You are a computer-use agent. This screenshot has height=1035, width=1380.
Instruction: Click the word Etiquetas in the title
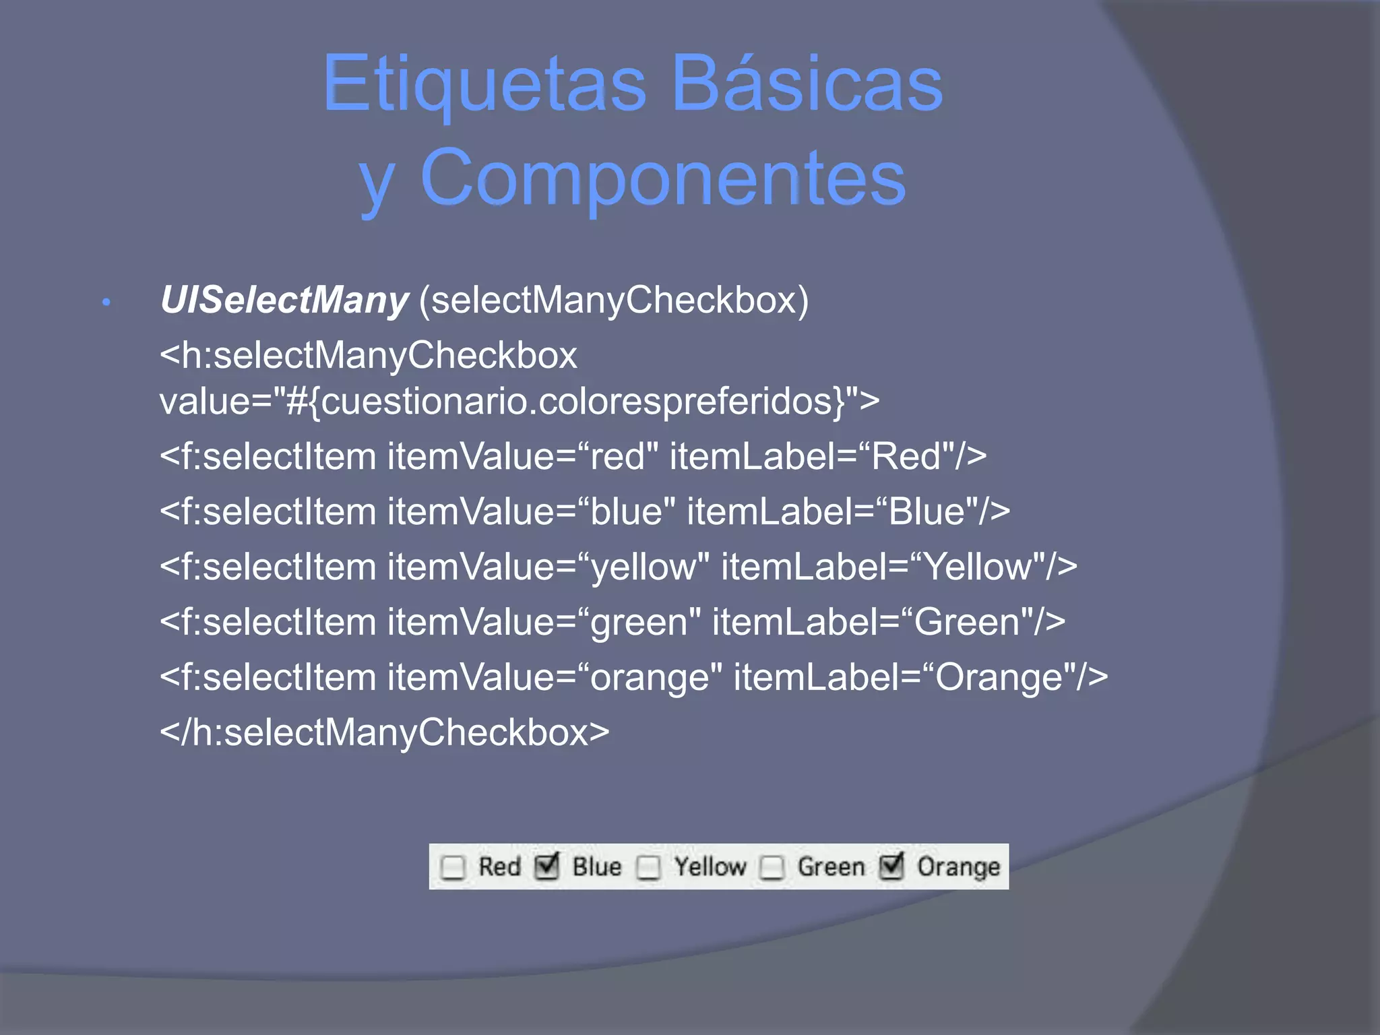(x=484, y=85)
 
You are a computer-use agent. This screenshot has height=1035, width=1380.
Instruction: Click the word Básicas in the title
(x=807, y=85)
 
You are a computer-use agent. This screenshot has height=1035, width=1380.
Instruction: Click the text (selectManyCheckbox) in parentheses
(x=613, y=300)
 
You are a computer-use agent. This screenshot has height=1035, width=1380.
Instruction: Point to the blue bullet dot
(x=106, y=303)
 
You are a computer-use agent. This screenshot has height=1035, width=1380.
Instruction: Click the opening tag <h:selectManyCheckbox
(x=369, y=355)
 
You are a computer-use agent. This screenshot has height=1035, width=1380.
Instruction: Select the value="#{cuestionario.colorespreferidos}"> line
(x=520, y=402)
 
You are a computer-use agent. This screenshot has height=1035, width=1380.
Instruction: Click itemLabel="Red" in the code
(x=827, y=457)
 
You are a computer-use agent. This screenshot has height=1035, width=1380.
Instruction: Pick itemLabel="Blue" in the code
(x=848, y=512)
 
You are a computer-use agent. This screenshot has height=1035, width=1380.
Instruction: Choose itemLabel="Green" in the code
(x=888, y=622)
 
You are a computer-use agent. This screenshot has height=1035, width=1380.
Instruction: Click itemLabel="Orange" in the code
(x=920, y=677)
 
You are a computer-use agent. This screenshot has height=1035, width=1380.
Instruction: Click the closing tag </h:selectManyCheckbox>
(x=384, y=732)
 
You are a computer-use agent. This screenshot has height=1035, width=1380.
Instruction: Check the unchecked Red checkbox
(x=453, y=867)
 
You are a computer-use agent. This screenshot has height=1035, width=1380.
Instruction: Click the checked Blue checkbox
(x=547, y=867)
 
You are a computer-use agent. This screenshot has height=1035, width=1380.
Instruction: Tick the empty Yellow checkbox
(x=648, y=868)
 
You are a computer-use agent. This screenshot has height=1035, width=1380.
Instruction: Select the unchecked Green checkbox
(x=772, y=868)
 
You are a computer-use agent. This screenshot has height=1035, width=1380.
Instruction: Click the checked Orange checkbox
(x=891, y=867)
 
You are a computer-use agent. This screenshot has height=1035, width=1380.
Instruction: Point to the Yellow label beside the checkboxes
(x=710, y=867)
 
